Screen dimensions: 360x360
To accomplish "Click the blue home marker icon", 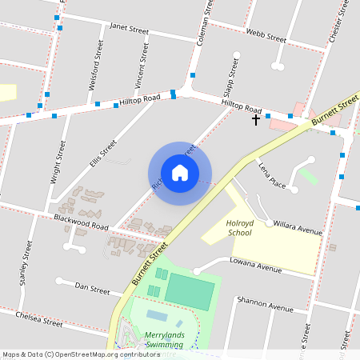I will [x=180, y=173].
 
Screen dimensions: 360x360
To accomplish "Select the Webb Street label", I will [x=266, y=36].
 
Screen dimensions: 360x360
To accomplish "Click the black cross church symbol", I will [x=256, y=120].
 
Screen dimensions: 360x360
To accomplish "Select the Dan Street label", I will [x=92, y=286].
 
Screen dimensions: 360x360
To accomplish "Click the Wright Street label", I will [x=57, y=163].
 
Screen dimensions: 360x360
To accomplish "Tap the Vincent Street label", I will [x=142, y=66].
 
